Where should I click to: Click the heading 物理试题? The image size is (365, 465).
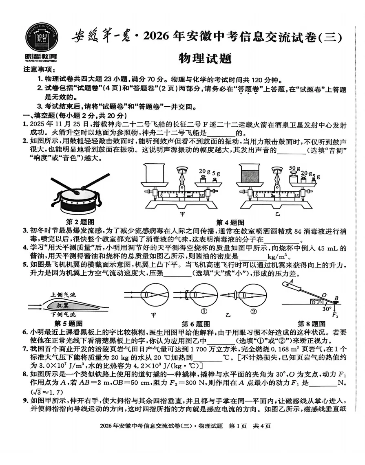click(x=205, y=58)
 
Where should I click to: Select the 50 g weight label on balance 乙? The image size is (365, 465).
click(x=294, y=168)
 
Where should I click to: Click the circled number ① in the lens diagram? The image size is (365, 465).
click(x=203, y=312)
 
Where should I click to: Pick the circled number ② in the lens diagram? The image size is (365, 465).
click(x=253, y=312)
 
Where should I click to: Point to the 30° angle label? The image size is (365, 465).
click(x=326, y=309)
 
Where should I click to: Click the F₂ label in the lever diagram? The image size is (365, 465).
click(x=335, y=315)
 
